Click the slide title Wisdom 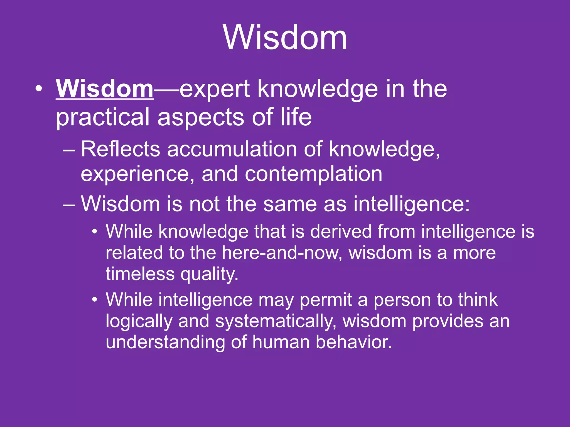click(x=285, y=38)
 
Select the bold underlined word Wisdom click(x=105, y=89)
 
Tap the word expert click(x=215, y=90)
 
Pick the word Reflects click(x=120, y=149)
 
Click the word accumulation click(x=232, y=149)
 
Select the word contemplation click(x=313, y=174)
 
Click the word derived click(x=341, y=232)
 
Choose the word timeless click(x=140, y=274)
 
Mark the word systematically click(x=276, y=321)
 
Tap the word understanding click(x=165, y=342)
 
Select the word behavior click(x=353, y=342)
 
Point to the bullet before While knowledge click(x=95, y=232)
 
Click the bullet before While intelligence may click(x=95, y=300)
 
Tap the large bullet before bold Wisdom click(x=39, y=89)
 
